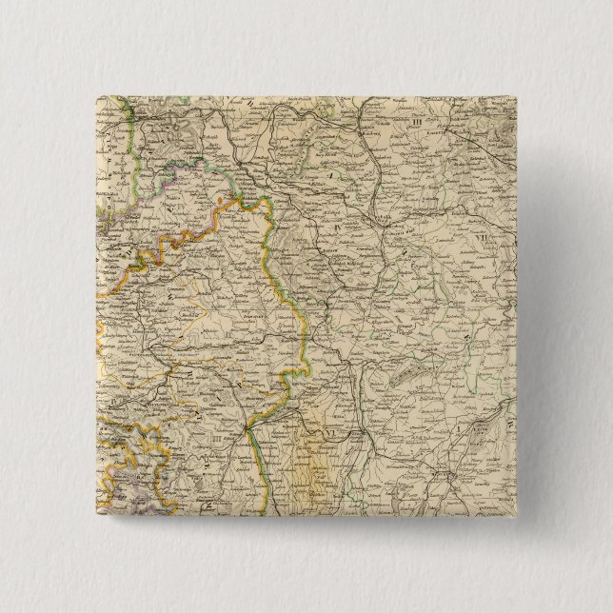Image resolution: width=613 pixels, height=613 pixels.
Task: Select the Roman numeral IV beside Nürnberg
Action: [x=340, y=228]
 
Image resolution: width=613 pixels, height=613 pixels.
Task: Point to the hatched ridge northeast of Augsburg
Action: [x=400, y=376]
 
